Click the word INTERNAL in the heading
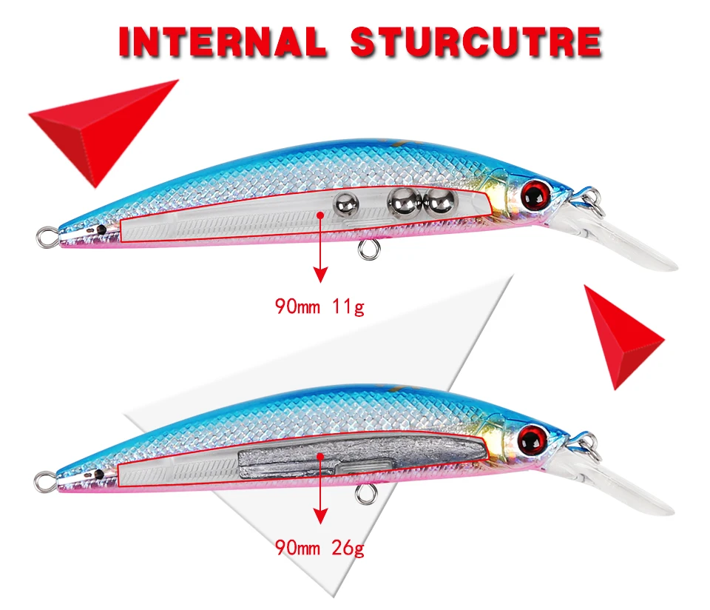[223, 41]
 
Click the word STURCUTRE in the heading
[476, 41]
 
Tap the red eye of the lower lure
[532, 438]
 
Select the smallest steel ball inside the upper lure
[346, 204]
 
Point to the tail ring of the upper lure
[47, 237]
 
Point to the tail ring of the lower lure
[45, 482]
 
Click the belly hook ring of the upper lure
[369, 249]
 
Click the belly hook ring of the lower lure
[366, 495]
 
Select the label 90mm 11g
[319, 306]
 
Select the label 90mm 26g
[319, 548]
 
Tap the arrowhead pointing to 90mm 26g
[320, 516]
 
